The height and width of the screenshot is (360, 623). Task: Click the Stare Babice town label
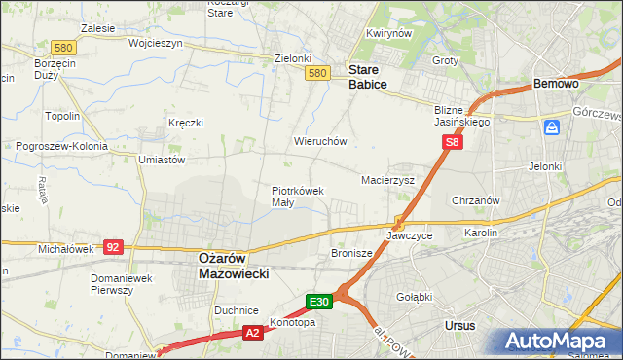368,78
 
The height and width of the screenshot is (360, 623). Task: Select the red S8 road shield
452,142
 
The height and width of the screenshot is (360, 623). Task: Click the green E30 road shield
320,302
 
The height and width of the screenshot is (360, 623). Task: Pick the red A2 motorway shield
251,334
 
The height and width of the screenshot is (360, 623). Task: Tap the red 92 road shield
113,247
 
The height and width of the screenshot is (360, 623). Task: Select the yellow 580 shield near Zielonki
316,73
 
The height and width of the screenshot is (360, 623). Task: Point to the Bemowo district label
557,85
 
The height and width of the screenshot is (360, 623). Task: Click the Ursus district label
458,325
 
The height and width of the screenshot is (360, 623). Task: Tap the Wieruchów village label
320,141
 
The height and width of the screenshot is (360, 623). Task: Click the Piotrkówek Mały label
297,197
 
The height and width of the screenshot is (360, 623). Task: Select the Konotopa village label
293,322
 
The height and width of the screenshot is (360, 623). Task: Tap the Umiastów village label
162,160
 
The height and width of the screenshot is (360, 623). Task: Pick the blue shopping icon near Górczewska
553,127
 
